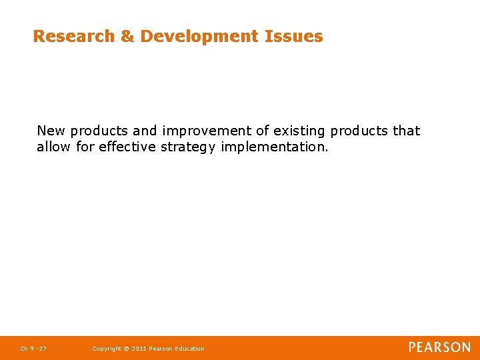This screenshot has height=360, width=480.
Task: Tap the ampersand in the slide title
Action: point(127,36)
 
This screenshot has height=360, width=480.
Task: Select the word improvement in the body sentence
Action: point(207,131)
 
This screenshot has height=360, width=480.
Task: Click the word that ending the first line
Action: point(406,131)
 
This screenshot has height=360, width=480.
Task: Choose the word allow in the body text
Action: point(54,147)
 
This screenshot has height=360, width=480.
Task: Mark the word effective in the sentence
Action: point(128,147)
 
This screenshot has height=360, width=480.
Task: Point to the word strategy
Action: point(189,147)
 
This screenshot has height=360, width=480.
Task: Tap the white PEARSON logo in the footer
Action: point(439,347)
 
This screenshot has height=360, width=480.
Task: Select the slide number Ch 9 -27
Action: point(33,349)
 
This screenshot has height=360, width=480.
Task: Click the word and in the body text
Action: point(144,131)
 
